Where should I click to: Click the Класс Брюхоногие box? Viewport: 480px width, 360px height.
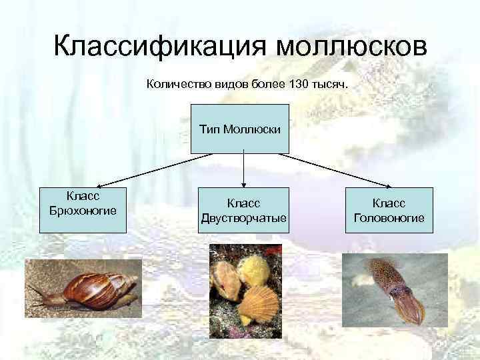[x=83, y=209]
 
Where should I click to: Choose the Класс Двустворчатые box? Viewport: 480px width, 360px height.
[x=244, y=209]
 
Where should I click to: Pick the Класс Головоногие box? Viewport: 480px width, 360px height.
[x=389, y=209]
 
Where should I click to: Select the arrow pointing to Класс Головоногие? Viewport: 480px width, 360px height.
[x=333, y=170]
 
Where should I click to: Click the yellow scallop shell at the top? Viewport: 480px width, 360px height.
[x=251, y=269]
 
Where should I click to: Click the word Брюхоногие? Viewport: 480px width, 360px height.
[x=83, y=211]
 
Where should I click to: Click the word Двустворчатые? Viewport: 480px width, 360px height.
[x=244, y=217]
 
